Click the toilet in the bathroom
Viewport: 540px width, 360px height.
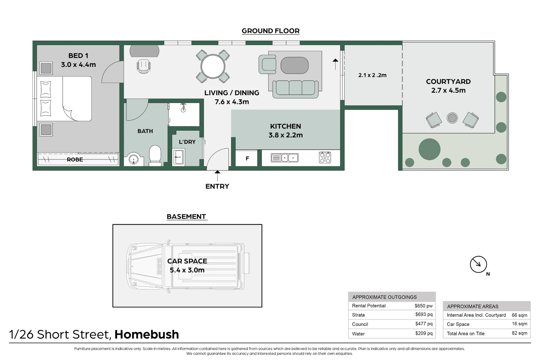click(x=155, y=155)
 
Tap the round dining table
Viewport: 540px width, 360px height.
click(x=213, y=66)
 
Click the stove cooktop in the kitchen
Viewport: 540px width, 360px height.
click(x=325, y=158)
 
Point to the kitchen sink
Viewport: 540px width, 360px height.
click(x=285, y=158)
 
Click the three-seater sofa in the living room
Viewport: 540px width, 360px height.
click(x=295, y=89)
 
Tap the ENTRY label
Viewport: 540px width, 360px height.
click(x=217, y=186)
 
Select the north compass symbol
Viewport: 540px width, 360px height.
click(x=478, y=265)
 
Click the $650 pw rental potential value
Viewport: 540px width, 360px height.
click(x=423, y=306)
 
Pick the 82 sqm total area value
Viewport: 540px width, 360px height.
click(x=519, y=333)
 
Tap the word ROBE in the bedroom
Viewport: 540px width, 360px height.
click(x=75, y=159)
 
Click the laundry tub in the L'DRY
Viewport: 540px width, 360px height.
click(x=178, y=157)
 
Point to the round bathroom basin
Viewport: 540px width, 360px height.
click(x=133, y=159)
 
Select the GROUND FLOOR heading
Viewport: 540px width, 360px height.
click(x=271, y=31)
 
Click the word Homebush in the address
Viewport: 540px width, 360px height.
click(x=147, y=334)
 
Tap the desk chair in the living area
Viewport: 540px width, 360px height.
click(x=144, y=66)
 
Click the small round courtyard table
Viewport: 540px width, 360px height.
click(x=452, y=118)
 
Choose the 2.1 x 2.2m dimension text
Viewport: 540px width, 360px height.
click(x=372, y=75)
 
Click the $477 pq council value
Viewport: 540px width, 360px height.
click(x=424, y=324)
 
